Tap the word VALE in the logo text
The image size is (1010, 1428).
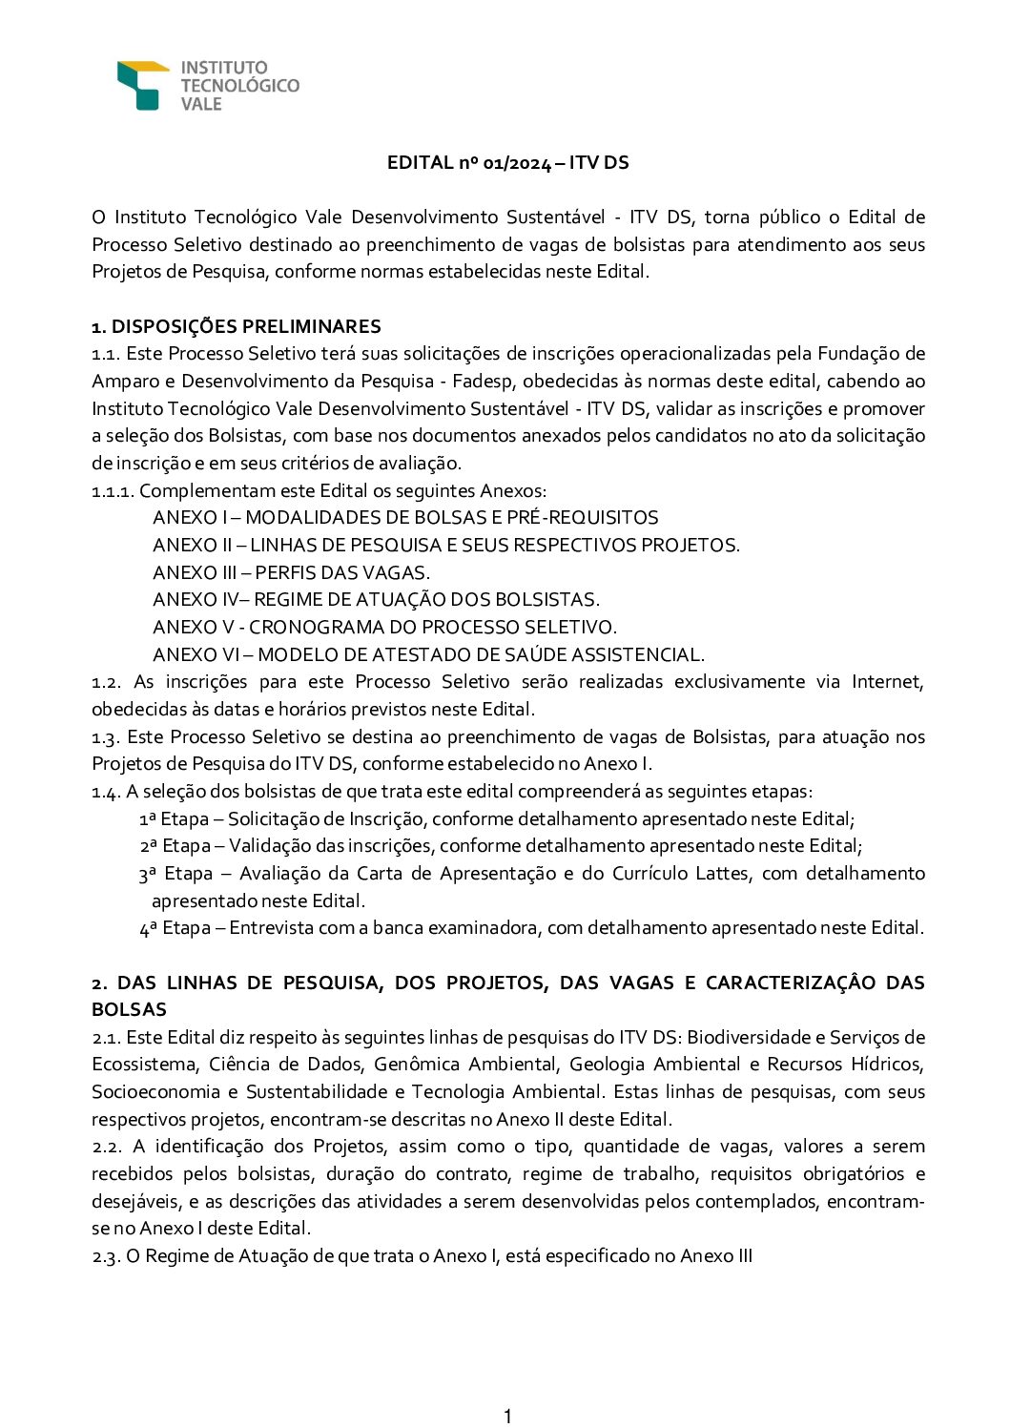click(x=201, y=104)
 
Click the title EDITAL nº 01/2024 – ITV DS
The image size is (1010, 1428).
click(x=507, y=162)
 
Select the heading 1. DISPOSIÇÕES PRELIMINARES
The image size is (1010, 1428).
click(x=236, y=326)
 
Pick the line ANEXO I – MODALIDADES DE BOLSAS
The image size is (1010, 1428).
click(x=405, y=518)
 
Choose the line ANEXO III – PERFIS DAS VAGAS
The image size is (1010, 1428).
click(x=291, y=572)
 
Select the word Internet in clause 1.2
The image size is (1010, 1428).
click(x=887, y=682)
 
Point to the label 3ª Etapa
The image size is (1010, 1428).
click(x=175, y=874)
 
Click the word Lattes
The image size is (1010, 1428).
click(x=722, y=874)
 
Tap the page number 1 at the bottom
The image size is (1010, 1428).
click(x=507, y=1416)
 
